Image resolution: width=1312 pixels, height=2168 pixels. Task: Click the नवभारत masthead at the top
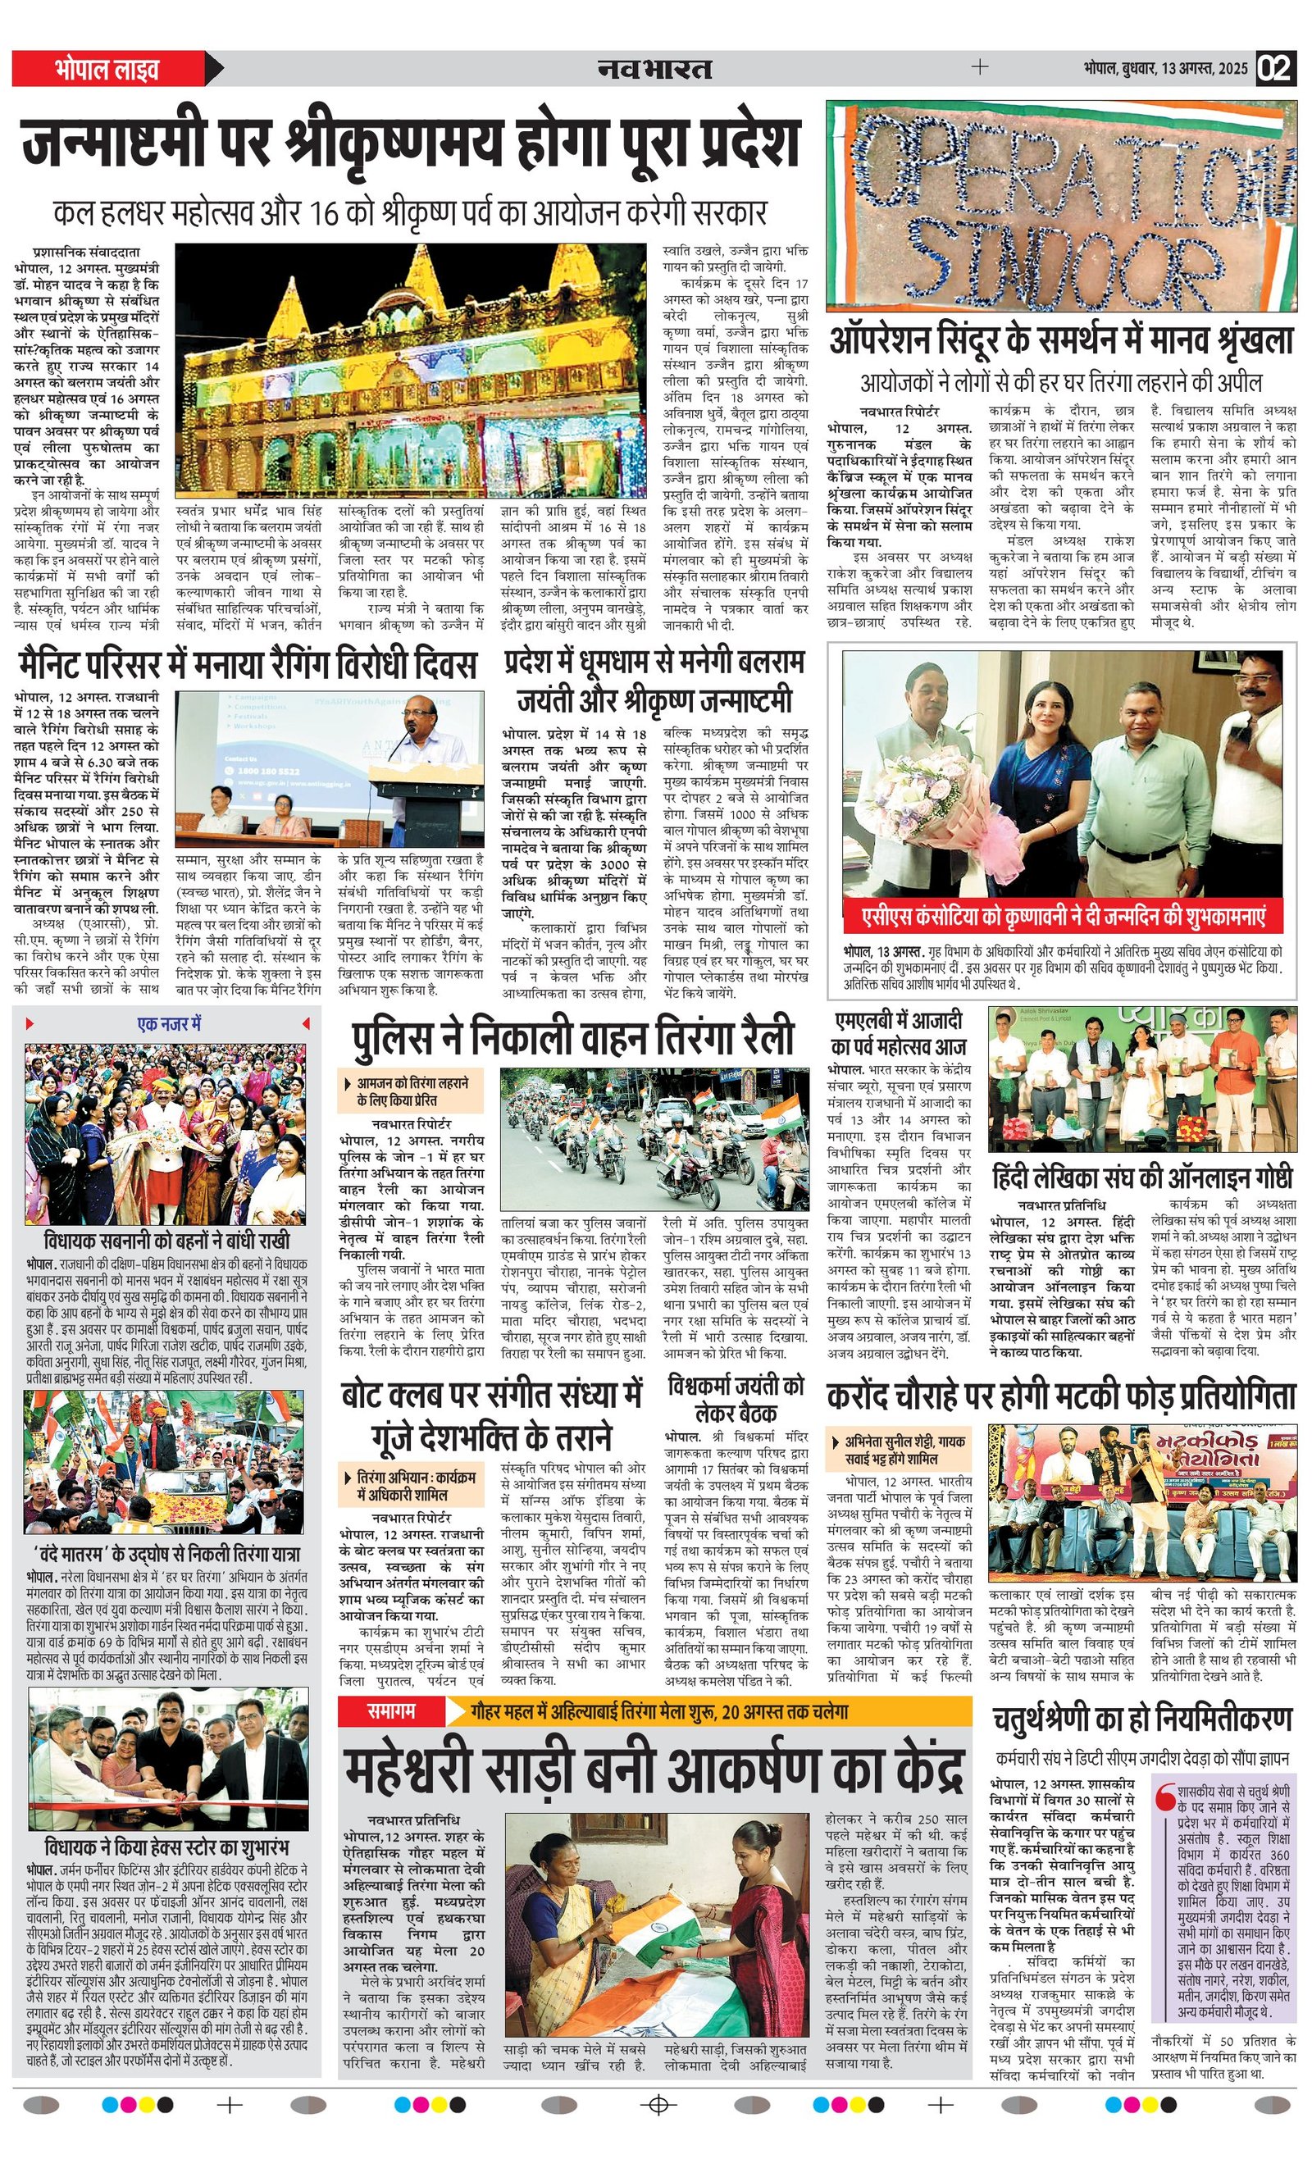pos(654,68)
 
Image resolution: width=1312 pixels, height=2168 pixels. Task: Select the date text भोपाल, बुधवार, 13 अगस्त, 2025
pos(1165,69)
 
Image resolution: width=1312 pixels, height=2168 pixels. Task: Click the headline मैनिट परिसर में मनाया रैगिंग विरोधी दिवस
pos(246,664)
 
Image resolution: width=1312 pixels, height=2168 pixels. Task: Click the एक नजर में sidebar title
pos(169,1024)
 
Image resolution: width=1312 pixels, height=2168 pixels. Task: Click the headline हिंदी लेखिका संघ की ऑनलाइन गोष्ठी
pos(1142,1177)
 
